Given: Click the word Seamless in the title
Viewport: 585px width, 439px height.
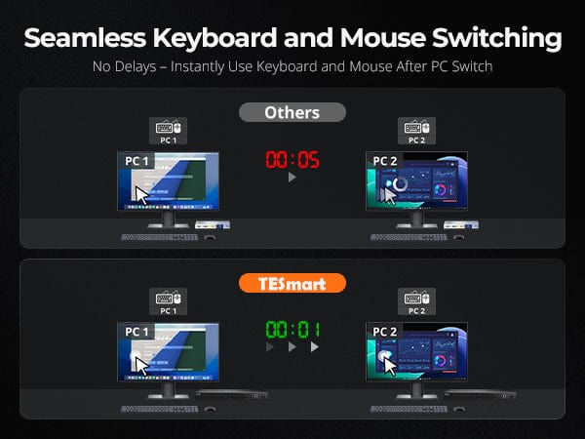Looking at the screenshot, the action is pos(85,38).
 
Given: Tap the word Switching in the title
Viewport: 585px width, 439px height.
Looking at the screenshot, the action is pos(497,39).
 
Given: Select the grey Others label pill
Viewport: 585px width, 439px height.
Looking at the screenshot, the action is pos(292,112).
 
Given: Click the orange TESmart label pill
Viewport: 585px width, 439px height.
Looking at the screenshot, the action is pos(292,283).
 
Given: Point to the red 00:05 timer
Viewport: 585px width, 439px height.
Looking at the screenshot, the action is pos(292,159).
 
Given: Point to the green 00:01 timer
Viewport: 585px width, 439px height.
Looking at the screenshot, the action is pos(292,330).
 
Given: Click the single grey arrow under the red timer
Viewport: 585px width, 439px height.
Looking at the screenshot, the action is pos(292,177).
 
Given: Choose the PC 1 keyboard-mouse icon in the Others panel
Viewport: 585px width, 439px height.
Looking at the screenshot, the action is pos(169,131).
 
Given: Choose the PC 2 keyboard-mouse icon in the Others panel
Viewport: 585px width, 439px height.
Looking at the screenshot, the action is pos(416,131).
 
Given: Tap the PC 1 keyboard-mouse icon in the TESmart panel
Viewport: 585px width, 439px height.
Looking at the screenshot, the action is pos(169,301).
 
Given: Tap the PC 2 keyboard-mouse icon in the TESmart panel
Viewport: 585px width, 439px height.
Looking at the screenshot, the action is pos(416,301).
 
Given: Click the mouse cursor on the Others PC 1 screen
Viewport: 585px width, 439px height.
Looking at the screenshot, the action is pos(141,195).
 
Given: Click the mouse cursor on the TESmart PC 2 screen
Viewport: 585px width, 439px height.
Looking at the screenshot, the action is pos(390,367).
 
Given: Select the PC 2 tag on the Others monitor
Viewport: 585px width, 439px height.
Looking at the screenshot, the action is pos(385,161).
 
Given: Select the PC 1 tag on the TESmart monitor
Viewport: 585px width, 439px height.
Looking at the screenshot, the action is pos(136,332).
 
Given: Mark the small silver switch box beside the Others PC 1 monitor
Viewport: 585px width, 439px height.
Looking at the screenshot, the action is pos(213,224).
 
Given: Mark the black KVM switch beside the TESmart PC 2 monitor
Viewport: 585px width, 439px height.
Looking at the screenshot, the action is pos(480,394).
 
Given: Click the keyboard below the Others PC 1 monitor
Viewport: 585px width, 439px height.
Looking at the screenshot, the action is pos(160,237).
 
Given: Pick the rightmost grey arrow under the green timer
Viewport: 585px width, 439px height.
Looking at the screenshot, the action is pos(315,347).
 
